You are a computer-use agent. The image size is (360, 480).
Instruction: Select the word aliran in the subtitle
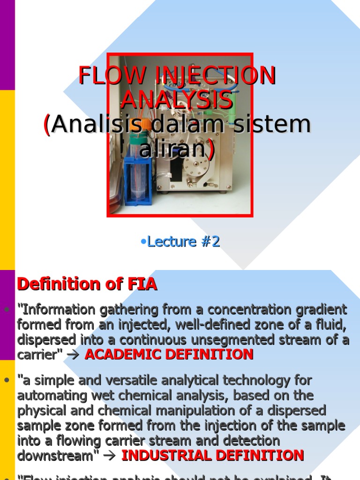[173, 149]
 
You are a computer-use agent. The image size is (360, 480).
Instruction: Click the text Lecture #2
[180, 241]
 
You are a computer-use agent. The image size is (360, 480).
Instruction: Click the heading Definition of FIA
[87, 284]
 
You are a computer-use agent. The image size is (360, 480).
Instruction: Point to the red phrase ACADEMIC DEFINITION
[169, 354]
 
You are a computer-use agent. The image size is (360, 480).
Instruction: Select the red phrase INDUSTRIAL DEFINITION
[213, 455]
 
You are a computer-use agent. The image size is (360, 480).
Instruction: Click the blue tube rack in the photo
[138, 180]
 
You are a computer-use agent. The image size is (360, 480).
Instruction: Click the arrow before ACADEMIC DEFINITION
[73, 355]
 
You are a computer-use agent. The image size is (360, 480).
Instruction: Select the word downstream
[55, 455]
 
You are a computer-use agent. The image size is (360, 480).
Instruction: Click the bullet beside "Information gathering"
[7, 310]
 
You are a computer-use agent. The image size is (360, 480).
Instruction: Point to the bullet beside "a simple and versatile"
[7, 381]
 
